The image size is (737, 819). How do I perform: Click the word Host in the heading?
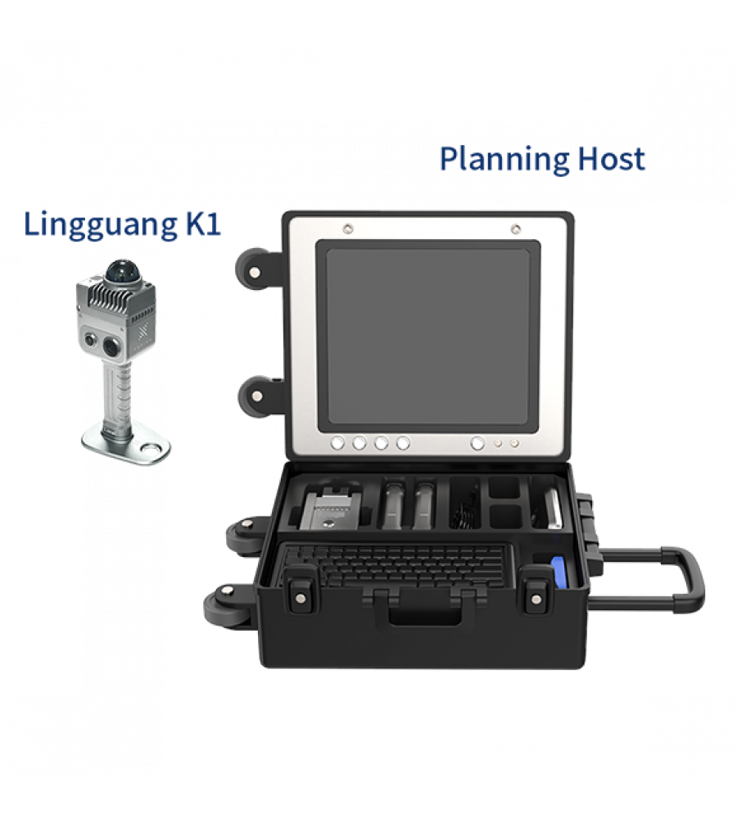[x=612, y=158]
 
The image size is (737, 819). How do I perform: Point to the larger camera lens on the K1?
[x=112, y=346]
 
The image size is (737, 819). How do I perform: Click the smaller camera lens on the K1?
[x=91, y=340]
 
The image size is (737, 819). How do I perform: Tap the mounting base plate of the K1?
[x=127, y=443]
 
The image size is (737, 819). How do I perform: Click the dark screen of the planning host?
[x=428, y=336]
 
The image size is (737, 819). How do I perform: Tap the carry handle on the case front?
[x=425, y=607]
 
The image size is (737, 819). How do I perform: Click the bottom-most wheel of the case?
[x=226, y=607]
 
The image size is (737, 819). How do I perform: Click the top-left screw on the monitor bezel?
[x=348, y=229]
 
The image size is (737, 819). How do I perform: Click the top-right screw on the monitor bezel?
[x=516, y=229]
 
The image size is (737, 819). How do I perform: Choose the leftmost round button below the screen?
[x=337, y=443]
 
